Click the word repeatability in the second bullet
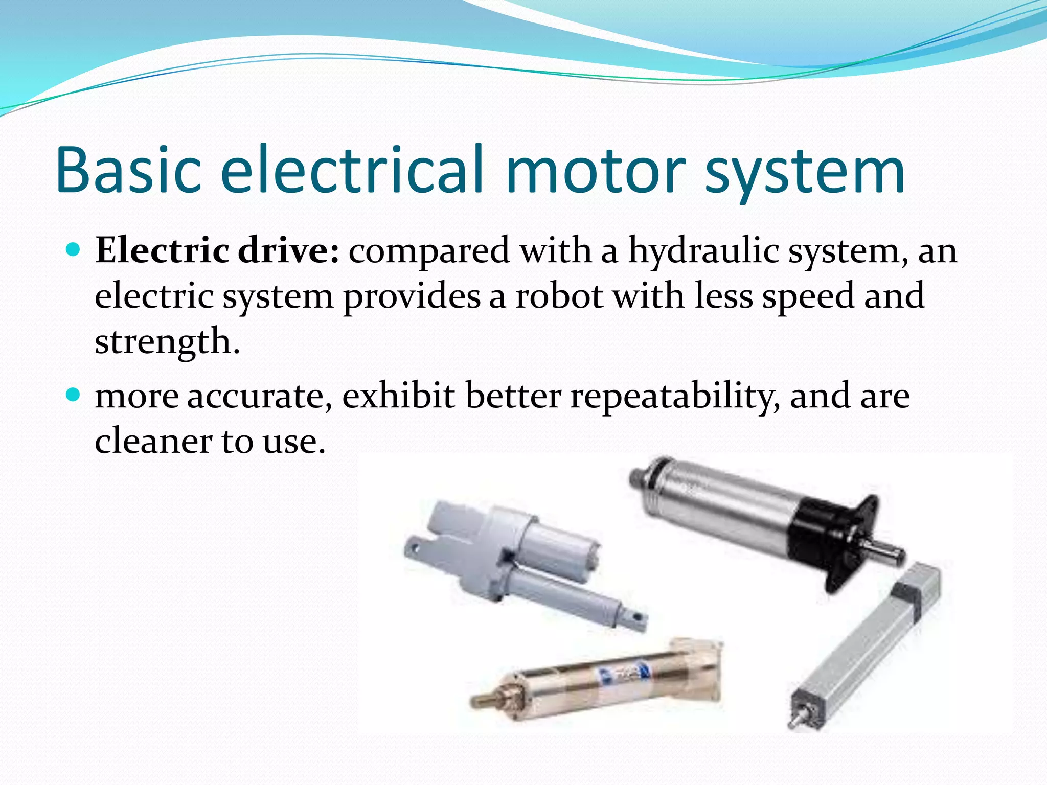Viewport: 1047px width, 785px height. [x=675, y=397]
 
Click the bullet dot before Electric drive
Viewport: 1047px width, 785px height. [x=74, y=250]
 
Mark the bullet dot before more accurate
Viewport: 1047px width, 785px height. [x=74, y=395]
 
